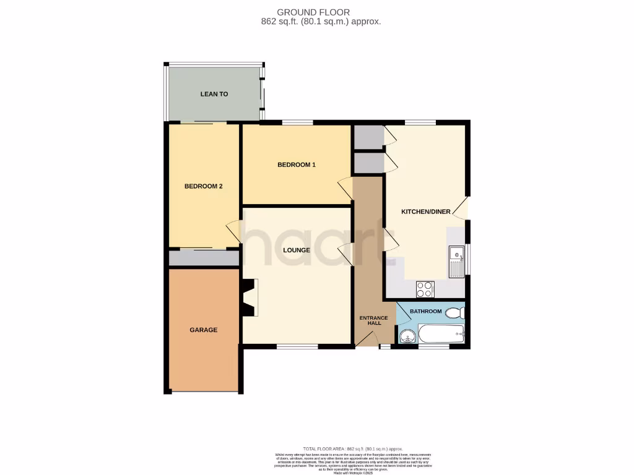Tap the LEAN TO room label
coord(214,95)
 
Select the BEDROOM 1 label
coord(297,165)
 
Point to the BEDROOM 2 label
coord(203,186)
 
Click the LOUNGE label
coord(297,250)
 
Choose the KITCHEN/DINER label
coord(426,212)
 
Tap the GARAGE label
coord(203,330)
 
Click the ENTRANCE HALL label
coord(374,321)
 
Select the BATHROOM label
coord(425,311)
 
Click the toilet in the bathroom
coord(456,312)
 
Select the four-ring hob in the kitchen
coord(425,289)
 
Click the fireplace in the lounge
coord(250,297)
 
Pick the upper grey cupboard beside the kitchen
coord(368,138)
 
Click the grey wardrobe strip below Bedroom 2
coord(204,258)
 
